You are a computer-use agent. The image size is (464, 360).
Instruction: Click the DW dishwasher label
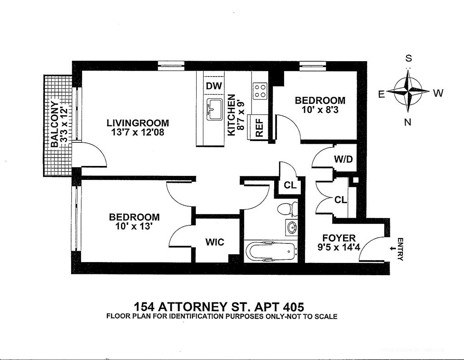pos(211,86)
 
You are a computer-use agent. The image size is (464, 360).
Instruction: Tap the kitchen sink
pos(214,109)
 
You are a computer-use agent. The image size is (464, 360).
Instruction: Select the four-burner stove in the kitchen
pos(260,91)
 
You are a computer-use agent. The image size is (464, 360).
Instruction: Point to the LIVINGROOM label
pos(138,123)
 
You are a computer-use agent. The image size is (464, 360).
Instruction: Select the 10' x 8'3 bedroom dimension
pos(320,110)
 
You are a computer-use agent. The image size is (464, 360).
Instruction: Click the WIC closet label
pos(215,242)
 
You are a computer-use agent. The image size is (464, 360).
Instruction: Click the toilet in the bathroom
pos(287,209)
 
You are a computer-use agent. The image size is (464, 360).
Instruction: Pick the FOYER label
pos(339,238)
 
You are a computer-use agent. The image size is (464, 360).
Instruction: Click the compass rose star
pos(408,92)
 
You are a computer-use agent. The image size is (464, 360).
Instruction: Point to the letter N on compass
pos(408,122)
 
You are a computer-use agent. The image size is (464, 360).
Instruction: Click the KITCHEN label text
pos(231,115)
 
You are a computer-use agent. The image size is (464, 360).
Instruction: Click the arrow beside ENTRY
pos(392,248)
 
